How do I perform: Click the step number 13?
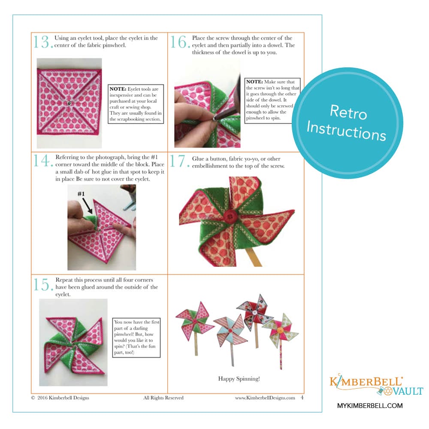point(43,42)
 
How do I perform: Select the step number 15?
point(43,284)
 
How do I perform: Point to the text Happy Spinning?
point(239,378)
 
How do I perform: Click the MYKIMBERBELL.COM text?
point(370,405)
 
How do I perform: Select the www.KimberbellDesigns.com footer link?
point(265,398)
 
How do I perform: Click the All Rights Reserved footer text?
point(163,398)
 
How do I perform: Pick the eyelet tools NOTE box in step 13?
point(136,104)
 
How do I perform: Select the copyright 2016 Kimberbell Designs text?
point(60,398)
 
